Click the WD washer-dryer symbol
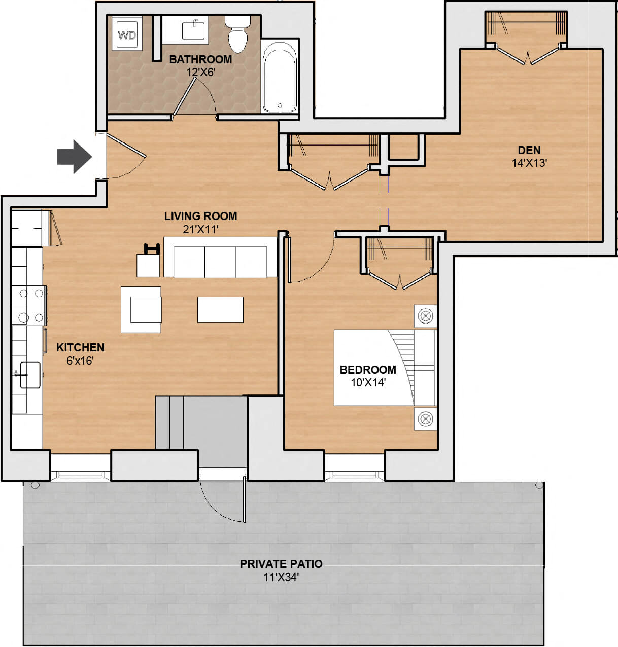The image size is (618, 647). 127,35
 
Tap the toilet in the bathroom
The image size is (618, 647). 237,34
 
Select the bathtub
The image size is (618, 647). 280,77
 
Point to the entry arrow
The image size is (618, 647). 74,157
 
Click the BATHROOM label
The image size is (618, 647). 200,59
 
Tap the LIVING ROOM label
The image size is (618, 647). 200,216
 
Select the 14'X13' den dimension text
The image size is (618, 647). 529,163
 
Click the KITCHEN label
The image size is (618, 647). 80,347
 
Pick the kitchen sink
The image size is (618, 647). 29,375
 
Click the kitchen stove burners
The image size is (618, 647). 30,305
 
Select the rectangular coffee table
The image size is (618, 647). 220,309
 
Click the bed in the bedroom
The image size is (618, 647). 385,368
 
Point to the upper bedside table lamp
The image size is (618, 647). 425,317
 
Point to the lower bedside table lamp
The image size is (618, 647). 425,419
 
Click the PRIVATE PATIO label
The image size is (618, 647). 281,564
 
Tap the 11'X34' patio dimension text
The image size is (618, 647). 281,577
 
